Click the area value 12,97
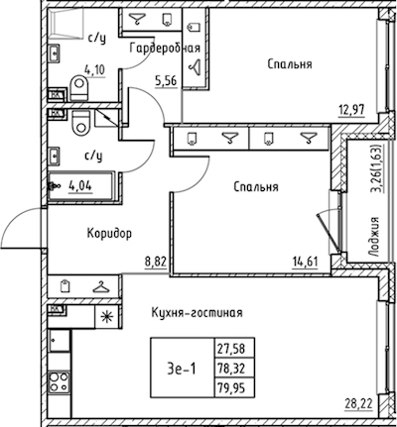point(352,109)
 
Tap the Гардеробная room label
point(165,49)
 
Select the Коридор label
point(109,234)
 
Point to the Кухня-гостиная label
point(197,312)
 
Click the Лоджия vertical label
point(374,237)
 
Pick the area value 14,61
point(305,262)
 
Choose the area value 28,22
point(359,403)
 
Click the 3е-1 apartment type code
point(182,369)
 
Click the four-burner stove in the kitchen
point(59,382)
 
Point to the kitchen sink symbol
point(60,341)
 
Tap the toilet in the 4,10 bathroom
point(79,87)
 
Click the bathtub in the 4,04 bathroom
point(81,186)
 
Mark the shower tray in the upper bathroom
point(66,22)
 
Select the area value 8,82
point(155,262)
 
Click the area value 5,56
point(166,80)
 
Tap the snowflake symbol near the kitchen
point(107,316)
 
